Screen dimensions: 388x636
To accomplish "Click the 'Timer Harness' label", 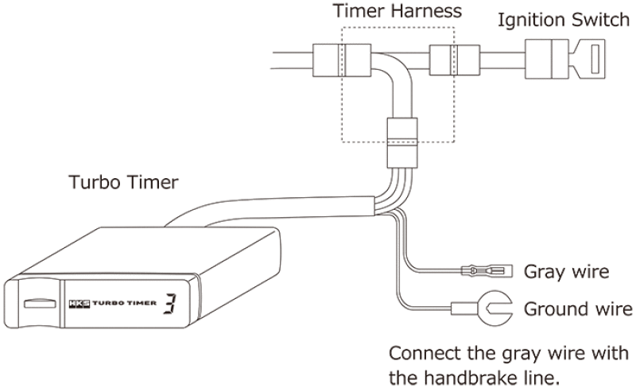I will coord(397,12).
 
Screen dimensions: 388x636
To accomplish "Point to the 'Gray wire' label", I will coord(566,272).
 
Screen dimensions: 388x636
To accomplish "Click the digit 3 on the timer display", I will coord(170,303).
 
